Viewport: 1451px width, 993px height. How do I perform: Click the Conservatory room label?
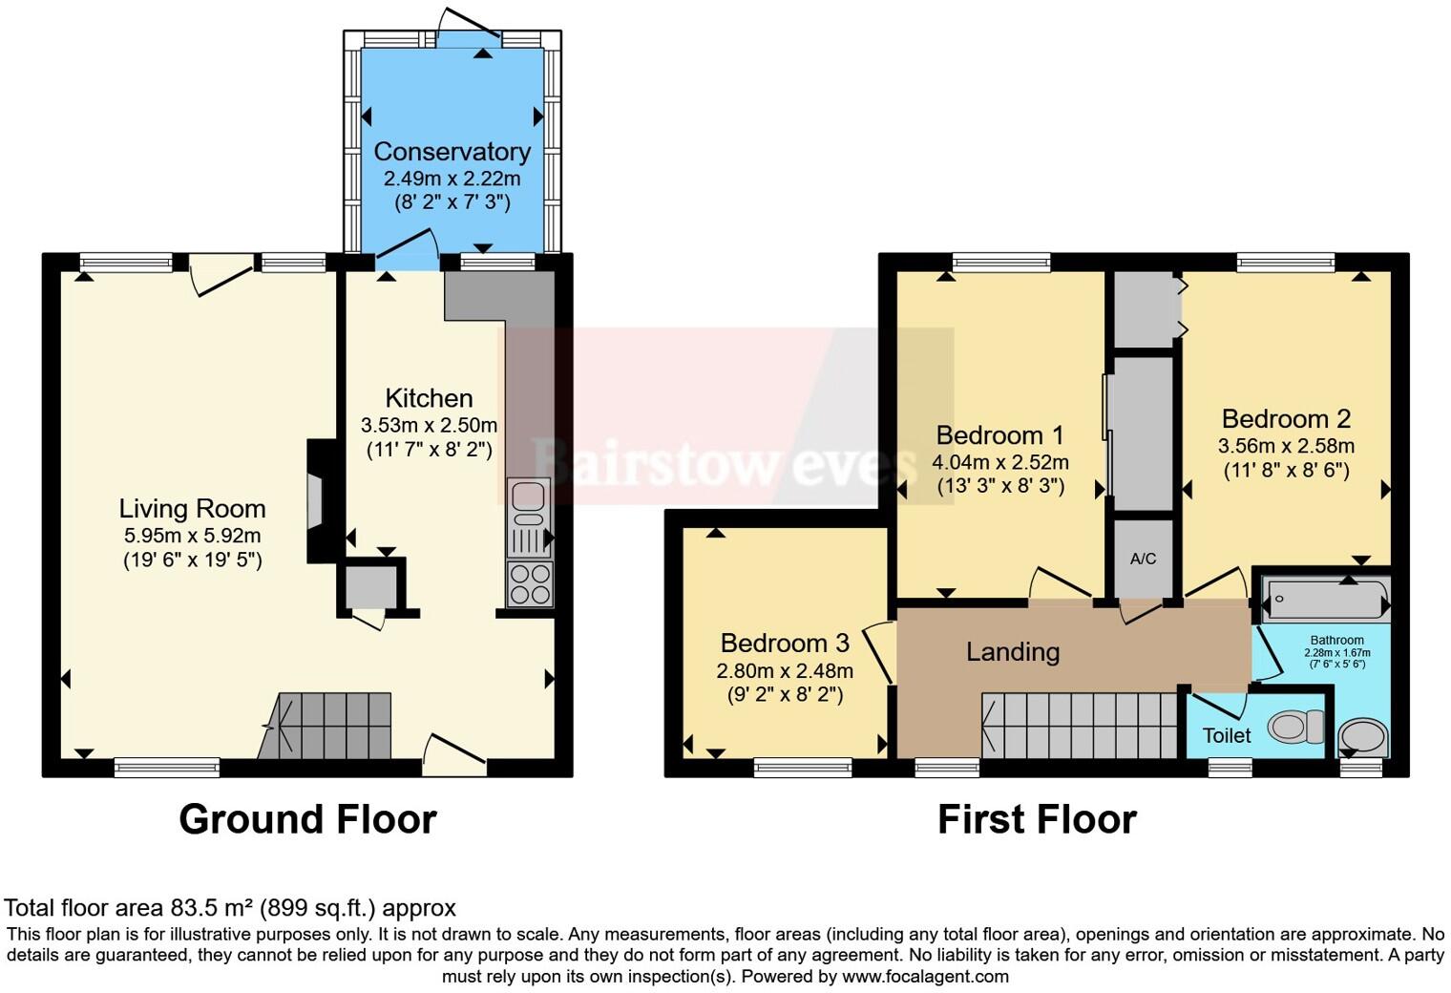(452, 152)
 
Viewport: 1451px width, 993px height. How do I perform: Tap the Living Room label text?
(192, 509)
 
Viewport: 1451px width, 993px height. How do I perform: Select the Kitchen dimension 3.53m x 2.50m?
(429, 425)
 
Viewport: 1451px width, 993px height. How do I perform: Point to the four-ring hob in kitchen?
(529, 584)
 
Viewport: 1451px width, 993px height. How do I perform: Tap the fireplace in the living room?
(315, 500)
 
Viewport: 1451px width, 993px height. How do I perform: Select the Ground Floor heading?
(307, 819)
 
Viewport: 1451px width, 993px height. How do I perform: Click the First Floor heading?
(1037, 819)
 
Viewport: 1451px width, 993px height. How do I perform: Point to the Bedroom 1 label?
(999, 435)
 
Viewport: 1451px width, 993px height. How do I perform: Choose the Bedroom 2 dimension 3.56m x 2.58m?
(1286, 446)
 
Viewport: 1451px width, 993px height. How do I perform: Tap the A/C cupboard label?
(1143, 559)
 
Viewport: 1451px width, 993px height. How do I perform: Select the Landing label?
(1013, 652)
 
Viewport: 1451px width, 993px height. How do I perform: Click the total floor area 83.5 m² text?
(230, 908)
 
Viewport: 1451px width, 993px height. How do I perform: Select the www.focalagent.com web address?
(925, 977)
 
